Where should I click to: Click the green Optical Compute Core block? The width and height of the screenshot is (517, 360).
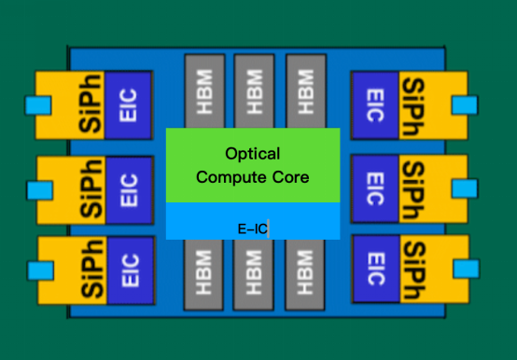coord(253,165)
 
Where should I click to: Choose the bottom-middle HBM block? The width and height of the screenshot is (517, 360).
coord(254,275)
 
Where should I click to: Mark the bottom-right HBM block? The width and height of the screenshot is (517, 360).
coord(304,275)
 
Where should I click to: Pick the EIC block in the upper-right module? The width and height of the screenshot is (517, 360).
coord(374,103)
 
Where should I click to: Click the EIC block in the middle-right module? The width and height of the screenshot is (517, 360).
coord(374,186)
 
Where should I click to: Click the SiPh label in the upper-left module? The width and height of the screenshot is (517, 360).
coord(91,104)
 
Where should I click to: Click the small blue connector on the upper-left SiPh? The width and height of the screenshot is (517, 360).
coord(40,106)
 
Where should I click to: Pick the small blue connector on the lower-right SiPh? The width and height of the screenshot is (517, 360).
coord(464,269)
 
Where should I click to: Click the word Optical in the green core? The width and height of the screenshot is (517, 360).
coord(252,152)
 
